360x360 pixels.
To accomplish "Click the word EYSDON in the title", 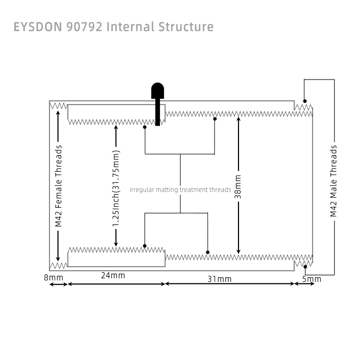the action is (38, 27).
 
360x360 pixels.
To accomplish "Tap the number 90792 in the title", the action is (84, 27).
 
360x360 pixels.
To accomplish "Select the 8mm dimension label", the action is (54, 278).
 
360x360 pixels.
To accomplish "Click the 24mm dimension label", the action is (113, 275).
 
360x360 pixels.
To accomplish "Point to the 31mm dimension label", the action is (220, 279).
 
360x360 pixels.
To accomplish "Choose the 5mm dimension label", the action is (311, 279).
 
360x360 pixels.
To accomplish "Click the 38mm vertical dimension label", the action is (238, 186).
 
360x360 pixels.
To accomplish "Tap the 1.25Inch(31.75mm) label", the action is (116, 188).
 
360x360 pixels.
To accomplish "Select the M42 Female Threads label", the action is (58, 186).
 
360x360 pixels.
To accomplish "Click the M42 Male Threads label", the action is (333, 181).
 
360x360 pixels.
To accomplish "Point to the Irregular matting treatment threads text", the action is (180, 190).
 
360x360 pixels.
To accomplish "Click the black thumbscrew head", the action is (158, 91).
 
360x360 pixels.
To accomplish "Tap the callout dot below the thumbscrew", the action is (145, 127).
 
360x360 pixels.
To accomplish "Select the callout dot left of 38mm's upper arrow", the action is (215, 119).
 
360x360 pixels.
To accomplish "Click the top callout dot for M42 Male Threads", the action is (305, 101).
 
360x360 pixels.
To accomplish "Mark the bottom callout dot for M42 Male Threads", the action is (305, 266).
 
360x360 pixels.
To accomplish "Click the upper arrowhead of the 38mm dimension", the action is (239, 119).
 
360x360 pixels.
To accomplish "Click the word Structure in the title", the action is (186, 27).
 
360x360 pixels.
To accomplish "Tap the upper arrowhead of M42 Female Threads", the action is (58, 113).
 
